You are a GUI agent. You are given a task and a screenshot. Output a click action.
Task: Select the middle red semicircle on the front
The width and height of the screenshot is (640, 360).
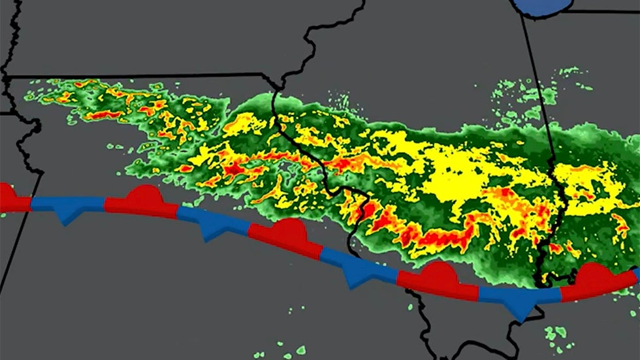[x=288, y=230]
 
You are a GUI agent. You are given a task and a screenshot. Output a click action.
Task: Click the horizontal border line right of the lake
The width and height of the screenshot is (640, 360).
[x=601, y=10]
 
